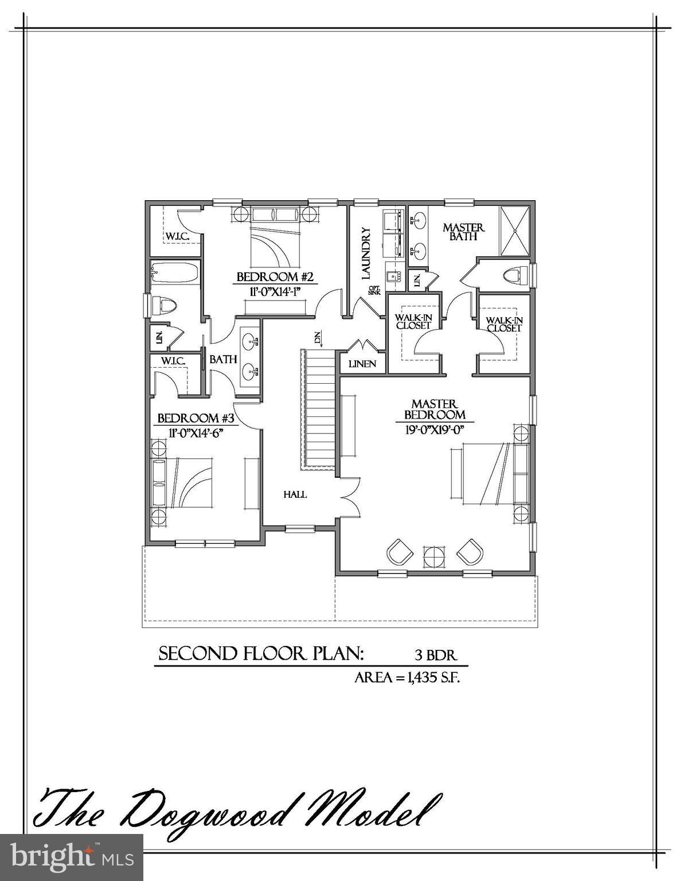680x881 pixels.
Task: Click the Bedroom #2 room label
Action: click(275, 278)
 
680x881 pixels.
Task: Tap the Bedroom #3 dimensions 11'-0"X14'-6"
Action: click(190, 432)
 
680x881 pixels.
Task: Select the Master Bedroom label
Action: click(435, 410)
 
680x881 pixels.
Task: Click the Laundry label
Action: click(366, 254)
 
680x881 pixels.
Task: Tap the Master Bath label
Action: click(463, 232)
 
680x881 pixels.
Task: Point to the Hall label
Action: click(295, 494)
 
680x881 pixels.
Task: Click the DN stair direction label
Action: click(317, 338)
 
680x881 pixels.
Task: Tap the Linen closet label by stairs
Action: click(362, 364)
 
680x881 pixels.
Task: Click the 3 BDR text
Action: click(436, 654)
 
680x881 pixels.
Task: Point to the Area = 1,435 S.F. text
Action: click(408, 677)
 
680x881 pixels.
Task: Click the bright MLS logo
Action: click(71, 856)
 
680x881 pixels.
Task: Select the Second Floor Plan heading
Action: click(261, 654)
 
